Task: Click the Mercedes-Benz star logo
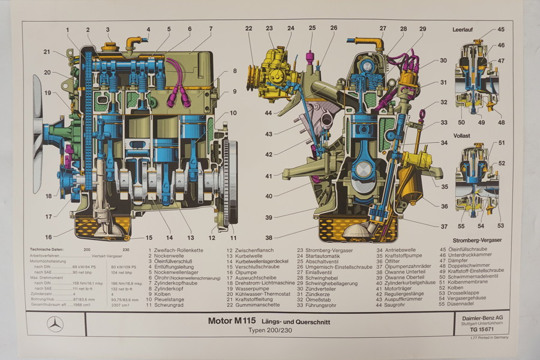(55, 324)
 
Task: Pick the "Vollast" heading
(461, 136)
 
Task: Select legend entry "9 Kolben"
(163, 294)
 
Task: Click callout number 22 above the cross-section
(248, 28)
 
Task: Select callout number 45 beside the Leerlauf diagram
(501, 29)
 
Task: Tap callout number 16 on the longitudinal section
(48, 236)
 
